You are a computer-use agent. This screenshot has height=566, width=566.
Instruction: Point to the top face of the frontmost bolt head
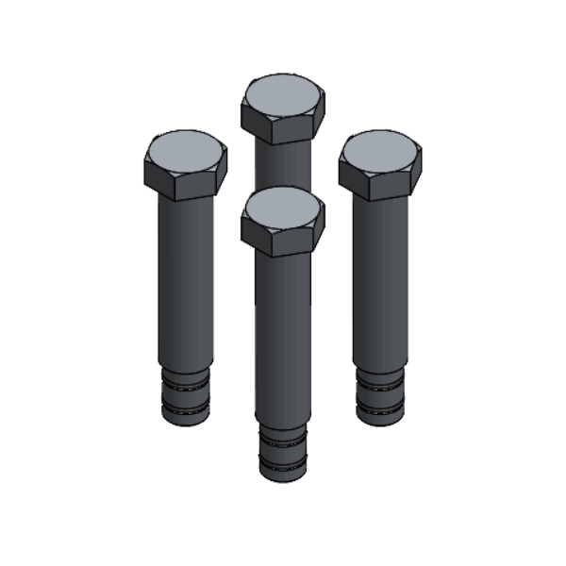pos(283,205)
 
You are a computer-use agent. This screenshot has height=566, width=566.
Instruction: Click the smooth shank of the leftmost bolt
pos(186,283)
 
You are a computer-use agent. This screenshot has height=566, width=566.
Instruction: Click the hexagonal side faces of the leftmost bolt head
pos(186,181)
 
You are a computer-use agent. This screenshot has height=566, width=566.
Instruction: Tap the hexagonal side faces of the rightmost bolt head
pos(380,181)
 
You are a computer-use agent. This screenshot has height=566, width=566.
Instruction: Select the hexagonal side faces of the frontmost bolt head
pos(283,238)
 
